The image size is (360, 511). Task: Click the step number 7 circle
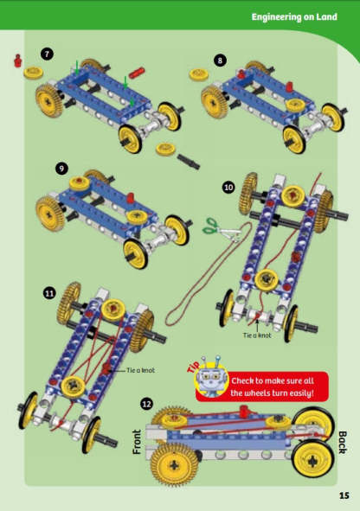[48, 54]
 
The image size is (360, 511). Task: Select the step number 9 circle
[61, 168]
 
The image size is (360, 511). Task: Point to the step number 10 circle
[228, 186]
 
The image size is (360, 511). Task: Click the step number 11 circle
[48, 294]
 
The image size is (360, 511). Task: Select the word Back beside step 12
[341, 444]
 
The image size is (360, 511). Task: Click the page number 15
[344, 495]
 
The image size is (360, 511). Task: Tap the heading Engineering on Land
[298, 16]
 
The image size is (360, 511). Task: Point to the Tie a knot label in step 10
[257, 335]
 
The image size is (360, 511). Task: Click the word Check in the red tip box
[248, 380]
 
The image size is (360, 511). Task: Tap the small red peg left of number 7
[16, 60]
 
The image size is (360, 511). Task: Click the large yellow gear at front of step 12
[174, 463]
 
